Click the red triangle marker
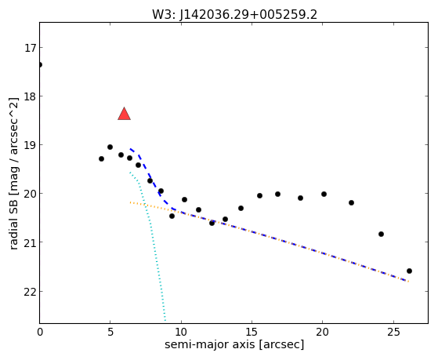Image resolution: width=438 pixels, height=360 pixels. (x=125, y=114)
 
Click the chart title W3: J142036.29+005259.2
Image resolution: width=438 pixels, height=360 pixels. (x=234, y=15)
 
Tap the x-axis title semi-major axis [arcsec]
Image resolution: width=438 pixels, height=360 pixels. (x=234, y=344)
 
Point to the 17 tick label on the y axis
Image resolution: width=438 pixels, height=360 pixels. (x=30, y=48)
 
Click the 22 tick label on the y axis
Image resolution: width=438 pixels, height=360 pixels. (x=30, y=292)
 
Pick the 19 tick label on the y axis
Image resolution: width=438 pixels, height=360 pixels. (x=30, y=145)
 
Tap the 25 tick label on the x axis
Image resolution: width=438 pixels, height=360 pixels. (x=393, y=333)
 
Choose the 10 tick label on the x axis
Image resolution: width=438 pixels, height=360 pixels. (x=181, y=333)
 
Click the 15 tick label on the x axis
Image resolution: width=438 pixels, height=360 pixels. (x=252, y=333)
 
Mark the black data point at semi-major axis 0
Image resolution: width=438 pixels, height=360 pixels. (x=40, y=65)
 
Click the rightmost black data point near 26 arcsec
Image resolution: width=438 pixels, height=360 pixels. (x=409, y=271)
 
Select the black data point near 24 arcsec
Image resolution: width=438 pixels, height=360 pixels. (x=381, y=235)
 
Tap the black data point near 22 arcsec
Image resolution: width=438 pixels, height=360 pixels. (x=351, y=203)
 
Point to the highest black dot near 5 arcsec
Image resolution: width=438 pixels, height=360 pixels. (x=110, y=147)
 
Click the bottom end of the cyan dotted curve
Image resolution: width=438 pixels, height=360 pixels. (x=165, y=321)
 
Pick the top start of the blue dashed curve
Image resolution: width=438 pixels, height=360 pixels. (x=130, y=148)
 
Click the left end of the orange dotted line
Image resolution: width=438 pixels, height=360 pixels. (x=130, y=202)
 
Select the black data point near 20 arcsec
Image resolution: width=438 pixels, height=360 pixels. (x=324, y=195)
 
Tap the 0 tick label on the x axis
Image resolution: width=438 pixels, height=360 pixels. (x=40, y=333)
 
